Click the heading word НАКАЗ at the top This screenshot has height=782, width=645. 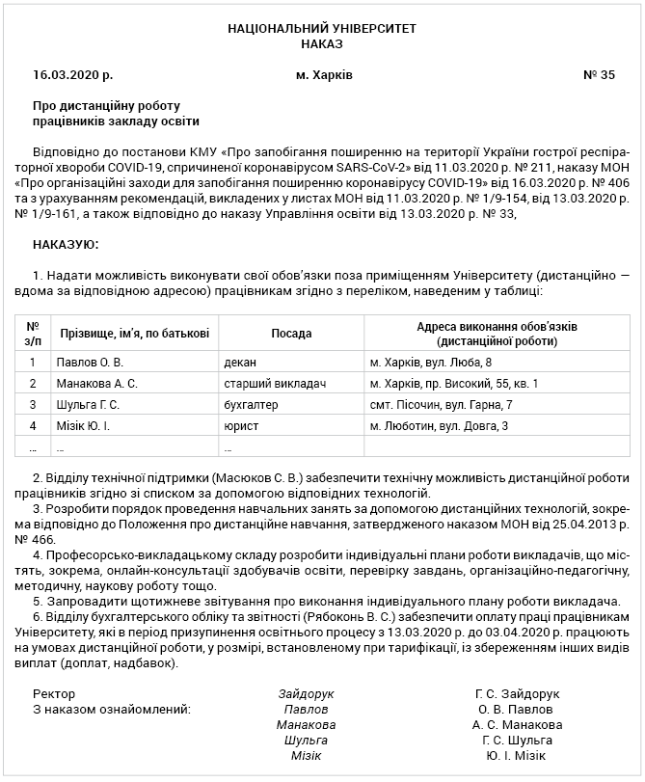[x=322, y=44]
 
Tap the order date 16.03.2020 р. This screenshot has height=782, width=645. [x=72, y=74]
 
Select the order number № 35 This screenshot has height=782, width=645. [x=599, y=74]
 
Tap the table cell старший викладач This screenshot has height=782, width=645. [x=275, y=384]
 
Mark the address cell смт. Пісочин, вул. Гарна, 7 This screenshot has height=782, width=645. [x=441, y=404]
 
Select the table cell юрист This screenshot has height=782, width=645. [x=238, y=425]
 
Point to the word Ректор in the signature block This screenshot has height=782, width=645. [x=53, y=693]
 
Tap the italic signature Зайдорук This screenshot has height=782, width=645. [x=306, y=693]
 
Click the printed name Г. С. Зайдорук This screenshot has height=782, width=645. [x=517, y=693]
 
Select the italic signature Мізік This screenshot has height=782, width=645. [x=306, y=755]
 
